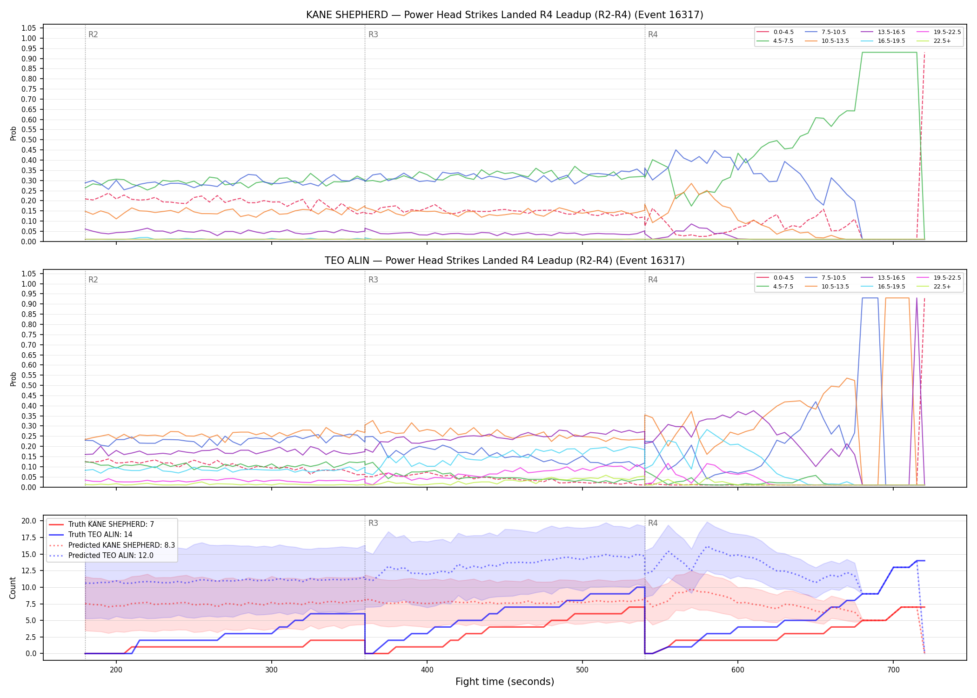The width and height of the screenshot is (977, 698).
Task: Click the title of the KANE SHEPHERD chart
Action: coord(504,15)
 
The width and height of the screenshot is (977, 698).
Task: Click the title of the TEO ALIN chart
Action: coord(504,261)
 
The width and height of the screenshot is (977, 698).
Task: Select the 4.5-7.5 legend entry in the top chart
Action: coord(775,41)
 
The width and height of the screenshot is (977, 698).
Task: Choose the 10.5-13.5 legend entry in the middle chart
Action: coord(827,287)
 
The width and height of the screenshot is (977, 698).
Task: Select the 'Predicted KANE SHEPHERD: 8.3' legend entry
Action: coord(112,545)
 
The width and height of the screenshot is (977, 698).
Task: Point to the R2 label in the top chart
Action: coord(93,34)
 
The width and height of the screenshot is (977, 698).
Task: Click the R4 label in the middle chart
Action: coord(653,280)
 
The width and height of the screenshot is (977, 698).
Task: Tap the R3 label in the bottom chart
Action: coord(373,523)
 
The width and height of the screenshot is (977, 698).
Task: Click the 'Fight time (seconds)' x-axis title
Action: coord(505,682)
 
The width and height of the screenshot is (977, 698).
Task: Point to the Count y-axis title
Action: coord(13,588)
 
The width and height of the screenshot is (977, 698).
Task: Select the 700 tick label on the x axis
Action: coord(893,669)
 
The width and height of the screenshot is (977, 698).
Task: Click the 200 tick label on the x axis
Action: coord(116,669)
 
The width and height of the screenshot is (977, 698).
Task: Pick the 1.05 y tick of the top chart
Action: coord(29,28)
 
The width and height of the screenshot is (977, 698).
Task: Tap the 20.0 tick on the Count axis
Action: coord(29,521)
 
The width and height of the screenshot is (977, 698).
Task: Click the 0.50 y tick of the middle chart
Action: coord(29,386)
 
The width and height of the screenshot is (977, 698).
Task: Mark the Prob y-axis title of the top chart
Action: coord(13,133)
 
